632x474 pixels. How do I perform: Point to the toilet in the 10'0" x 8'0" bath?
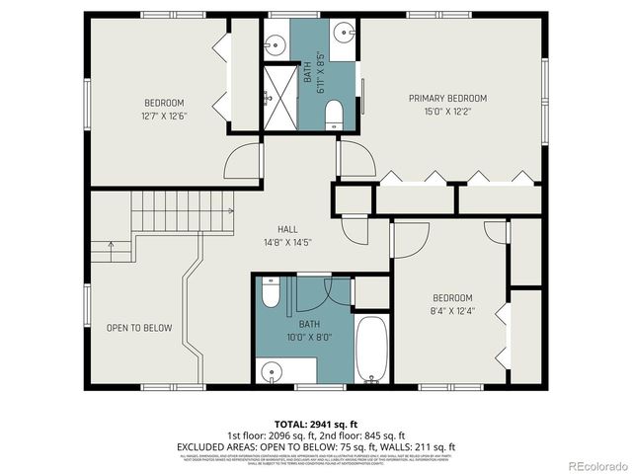273,292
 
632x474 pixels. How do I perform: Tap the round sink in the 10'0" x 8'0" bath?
274,372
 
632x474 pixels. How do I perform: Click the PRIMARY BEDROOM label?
448,98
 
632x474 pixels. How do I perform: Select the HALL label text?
287,229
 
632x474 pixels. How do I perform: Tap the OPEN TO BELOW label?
139,328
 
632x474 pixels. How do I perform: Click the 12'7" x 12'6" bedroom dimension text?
164,116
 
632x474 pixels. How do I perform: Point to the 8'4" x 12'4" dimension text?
452,311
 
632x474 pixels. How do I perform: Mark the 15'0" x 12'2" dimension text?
448,111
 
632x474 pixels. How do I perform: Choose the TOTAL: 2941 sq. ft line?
316,423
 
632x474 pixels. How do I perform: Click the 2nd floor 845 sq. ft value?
358,434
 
